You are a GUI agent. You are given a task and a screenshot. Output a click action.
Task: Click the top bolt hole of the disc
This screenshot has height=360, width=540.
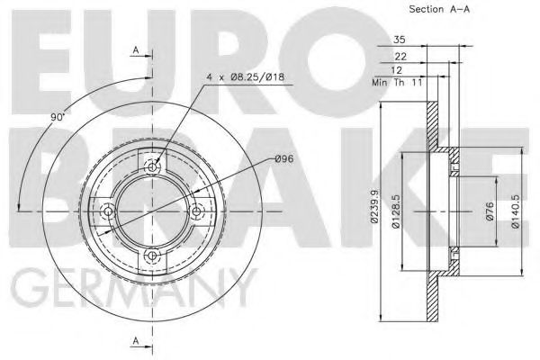154,166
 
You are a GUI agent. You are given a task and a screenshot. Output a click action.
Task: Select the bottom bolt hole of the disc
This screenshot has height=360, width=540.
154,256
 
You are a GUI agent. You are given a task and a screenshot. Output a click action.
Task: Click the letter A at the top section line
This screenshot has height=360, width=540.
135,49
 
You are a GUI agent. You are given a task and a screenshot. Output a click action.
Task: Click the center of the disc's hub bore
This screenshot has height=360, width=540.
154,211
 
